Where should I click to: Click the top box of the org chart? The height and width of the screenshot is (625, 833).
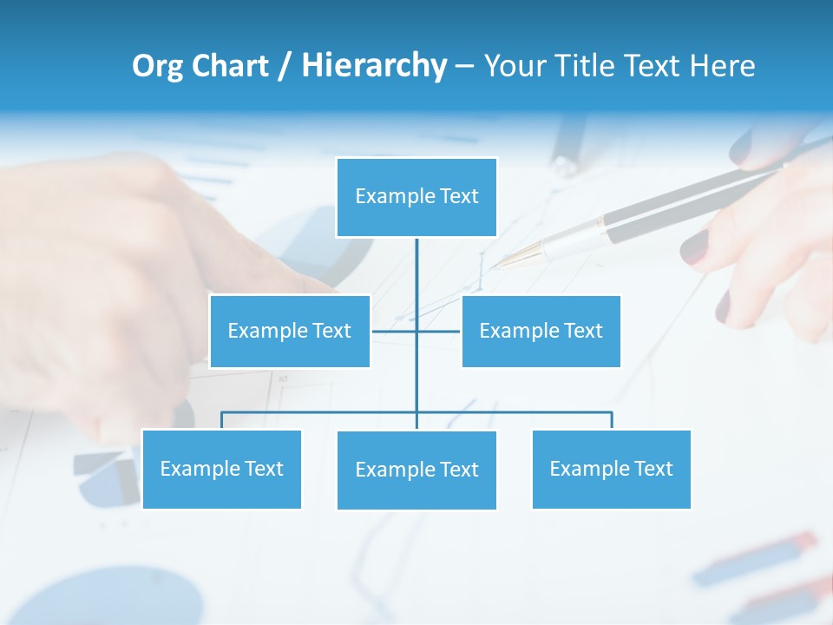(416, 197)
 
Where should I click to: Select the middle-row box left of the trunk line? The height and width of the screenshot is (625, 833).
(290, 331)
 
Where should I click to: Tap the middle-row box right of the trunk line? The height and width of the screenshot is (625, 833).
(541, 331)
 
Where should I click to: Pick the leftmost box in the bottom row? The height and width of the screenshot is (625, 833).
(221, 469)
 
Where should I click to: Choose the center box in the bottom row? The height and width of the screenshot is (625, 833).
(416, 470)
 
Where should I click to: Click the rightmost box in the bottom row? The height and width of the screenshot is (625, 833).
(611, 469)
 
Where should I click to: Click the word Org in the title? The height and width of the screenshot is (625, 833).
(157, 66)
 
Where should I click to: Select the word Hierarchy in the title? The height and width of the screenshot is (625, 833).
(374, 66)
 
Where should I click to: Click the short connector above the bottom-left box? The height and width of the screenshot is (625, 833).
(221, 420)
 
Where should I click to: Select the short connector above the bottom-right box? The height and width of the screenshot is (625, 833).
(612, 420)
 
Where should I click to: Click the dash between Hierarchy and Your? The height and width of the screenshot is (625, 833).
(464, 67)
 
